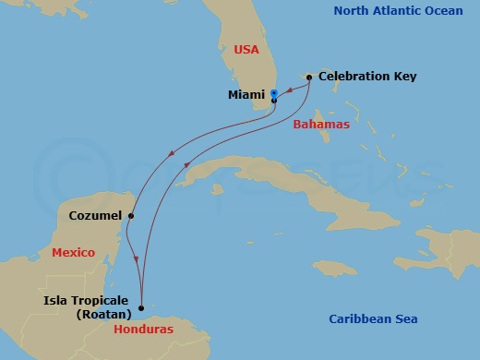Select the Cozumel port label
click(95, 215)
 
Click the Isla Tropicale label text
click(87, 300)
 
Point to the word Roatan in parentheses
click(104, 313)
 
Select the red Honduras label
click(139, 328)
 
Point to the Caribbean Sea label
click(373, 319)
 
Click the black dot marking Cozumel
click(131, 216)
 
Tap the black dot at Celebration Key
click(308, 77)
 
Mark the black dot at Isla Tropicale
click(141, 307)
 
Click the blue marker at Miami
click(274, 93)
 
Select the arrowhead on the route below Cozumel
click(137, 259)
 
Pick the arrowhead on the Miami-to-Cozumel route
click(172, 154)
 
